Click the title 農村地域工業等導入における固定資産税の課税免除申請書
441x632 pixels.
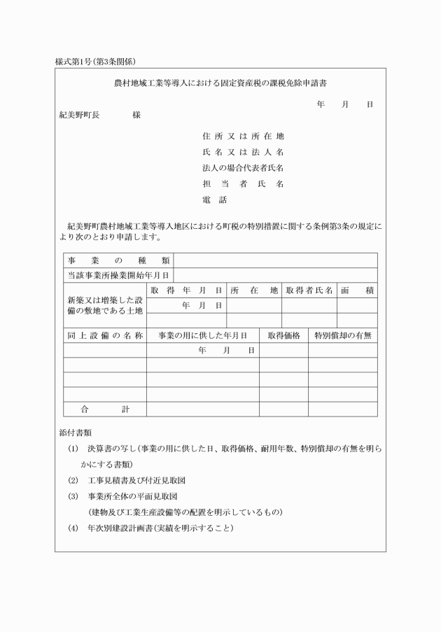click(x=221, y=83)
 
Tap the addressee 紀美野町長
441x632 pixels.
click(x=78, y=115)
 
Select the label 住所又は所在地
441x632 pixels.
click(x=242, y=136)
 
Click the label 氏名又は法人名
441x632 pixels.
click(x=242, y=152)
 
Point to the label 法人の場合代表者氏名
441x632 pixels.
click(x=242, y=168)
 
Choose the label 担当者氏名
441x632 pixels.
click(x=242, y=184)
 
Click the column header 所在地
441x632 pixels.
click(x=254, y=290)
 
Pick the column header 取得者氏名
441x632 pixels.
click(x=309, y=290)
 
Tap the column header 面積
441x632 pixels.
click(x=357, y=290)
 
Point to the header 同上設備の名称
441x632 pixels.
click(x=104, y=335)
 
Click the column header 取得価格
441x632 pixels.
click(x=284, y=335)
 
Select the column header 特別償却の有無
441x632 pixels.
click(x=343, y=335)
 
